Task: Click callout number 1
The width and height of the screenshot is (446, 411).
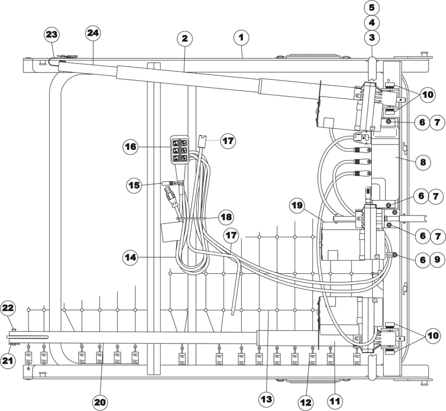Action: pos(241,37)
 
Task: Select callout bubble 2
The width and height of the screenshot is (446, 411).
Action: pos(185,38)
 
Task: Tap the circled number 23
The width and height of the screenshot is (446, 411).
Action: pos(51,35)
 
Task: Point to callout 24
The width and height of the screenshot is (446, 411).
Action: pos(93,33)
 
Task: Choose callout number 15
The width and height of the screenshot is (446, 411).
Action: pos(134,185)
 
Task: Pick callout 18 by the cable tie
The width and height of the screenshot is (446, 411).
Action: pos(226,217)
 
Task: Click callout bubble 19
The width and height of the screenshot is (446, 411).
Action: pos(297,205)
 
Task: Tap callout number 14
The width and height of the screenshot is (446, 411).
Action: pos(130,257)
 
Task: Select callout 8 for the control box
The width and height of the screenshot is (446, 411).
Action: pos(423,162)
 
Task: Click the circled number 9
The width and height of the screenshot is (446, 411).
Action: pos(437,259)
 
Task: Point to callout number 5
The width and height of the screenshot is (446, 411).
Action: pos(372,7)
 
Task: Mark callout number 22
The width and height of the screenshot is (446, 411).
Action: pos(8,308)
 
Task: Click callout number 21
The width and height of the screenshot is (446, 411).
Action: pos(8,360)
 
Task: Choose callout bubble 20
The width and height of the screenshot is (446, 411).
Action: pos(100,402)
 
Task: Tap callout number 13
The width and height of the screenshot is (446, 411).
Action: pos(266,400)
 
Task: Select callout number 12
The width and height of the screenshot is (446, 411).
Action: pos(305,402)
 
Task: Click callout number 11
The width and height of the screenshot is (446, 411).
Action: pos(334,401)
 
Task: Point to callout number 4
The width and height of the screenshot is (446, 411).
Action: pos(372,22)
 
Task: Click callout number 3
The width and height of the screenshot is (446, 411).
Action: pos(372,37)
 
